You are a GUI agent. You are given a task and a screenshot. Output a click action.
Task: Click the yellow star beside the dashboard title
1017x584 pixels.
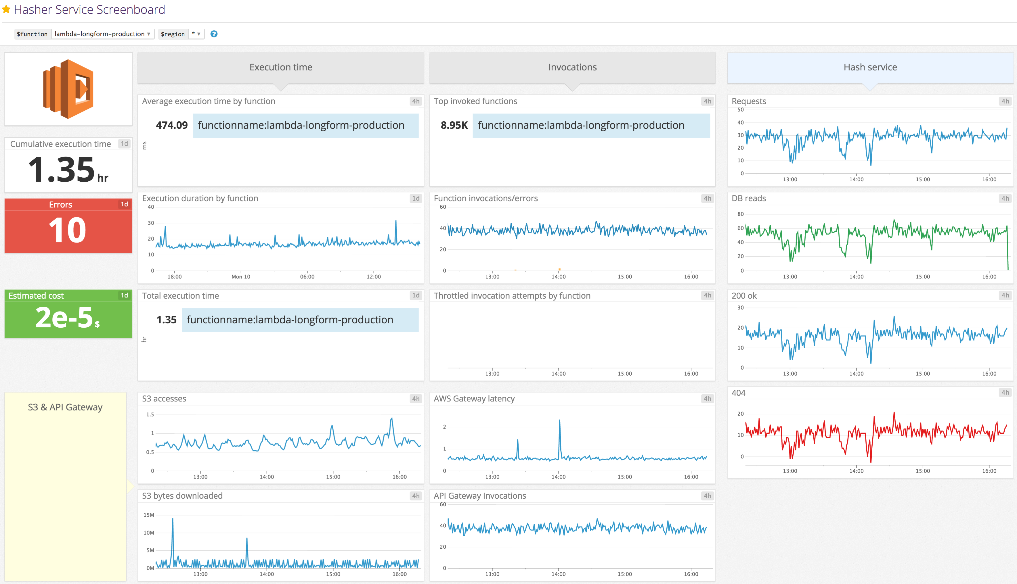(x=6, y=9)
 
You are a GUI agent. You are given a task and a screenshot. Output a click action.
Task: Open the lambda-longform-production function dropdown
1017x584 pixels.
(x=102, y=34)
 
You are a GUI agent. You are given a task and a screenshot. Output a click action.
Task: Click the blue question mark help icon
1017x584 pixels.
(x=214, y=34)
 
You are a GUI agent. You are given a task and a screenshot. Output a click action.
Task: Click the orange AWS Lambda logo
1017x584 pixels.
(x=68, y=89)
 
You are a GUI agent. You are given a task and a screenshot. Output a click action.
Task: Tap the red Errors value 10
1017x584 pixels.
(x=67, y=230)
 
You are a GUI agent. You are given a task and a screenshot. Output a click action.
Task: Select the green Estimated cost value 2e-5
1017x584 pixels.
(x=64, y=317)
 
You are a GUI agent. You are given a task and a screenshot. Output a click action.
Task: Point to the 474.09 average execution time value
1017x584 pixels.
(x=171, y=125)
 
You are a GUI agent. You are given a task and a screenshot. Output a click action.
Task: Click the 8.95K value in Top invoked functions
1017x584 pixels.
(x=454, y=125)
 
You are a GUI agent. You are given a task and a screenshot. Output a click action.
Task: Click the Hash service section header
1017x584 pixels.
(x=870, y=67)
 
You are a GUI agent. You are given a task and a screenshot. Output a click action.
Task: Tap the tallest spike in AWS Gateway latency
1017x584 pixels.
(x=559, y=421)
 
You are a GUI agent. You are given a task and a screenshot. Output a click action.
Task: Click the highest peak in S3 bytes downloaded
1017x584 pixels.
(x=173, y=519)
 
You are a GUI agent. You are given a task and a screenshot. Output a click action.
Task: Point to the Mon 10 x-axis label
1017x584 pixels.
(x=241, y=277)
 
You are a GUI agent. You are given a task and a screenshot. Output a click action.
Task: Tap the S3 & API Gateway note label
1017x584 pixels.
(x=65, y=407)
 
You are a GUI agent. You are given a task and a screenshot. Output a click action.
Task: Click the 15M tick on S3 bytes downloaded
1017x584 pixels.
(x=149, y=515)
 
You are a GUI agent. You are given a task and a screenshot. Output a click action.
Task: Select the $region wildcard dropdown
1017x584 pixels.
(x=196, y=34)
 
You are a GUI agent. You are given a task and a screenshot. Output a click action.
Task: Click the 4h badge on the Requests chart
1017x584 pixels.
(x=1005, y=101)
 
